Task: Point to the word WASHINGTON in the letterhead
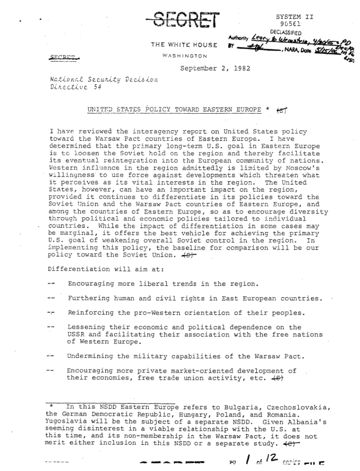184,55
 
